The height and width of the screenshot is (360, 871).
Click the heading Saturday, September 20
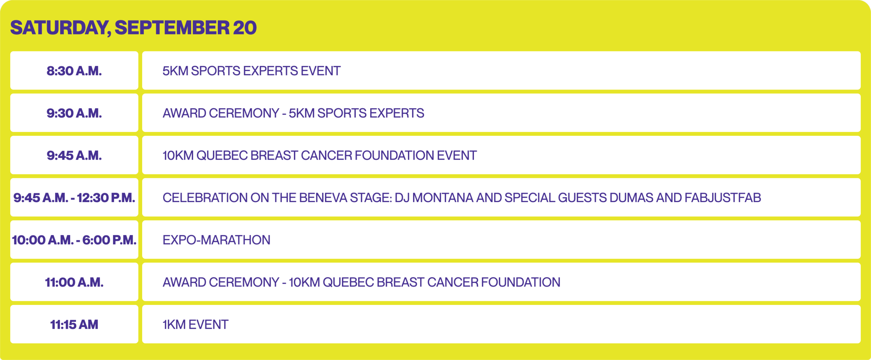tap(133, 28)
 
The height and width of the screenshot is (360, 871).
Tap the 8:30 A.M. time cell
tap(74, 71)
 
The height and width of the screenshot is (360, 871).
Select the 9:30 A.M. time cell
tap(74, 113)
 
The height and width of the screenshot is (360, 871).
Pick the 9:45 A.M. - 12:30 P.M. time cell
tap(74, 197)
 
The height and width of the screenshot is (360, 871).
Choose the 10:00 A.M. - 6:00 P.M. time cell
tap(74, 240)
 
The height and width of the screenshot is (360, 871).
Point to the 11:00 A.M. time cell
tap(74, 282)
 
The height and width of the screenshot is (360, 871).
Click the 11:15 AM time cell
tap(74, 324)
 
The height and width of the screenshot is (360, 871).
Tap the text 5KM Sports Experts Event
tap(251, 71)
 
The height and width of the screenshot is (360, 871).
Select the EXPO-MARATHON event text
tap(216, 240)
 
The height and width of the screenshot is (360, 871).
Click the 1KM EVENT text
tap(195, 325)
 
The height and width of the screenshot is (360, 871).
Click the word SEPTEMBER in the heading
tap(172, 28)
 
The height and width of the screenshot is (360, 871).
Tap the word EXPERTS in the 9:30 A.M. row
tap(397, 113)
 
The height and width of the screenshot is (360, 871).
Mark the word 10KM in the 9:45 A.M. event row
tap(178, 156)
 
